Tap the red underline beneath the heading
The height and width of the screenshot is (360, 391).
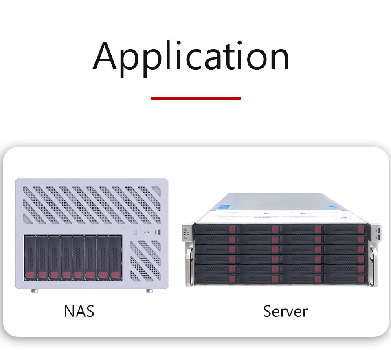(x=195, y=98)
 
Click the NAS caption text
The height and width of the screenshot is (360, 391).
(x=79, y=311)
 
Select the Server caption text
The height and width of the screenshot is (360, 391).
(x=285, y=311)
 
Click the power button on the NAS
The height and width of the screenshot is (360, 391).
(x=135, y=233)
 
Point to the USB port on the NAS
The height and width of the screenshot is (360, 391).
(x=159, y=233)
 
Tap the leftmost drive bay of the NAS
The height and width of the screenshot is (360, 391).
(x=30, y=257)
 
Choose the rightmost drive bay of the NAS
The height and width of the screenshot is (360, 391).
(x=116, y=257)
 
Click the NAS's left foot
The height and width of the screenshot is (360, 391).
(x=35, y=291)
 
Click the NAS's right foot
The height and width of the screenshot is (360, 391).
(x=149, y=291)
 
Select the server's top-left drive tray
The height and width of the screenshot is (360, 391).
(x=216, y=229)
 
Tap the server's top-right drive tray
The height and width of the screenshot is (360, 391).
(x=344, y=229)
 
